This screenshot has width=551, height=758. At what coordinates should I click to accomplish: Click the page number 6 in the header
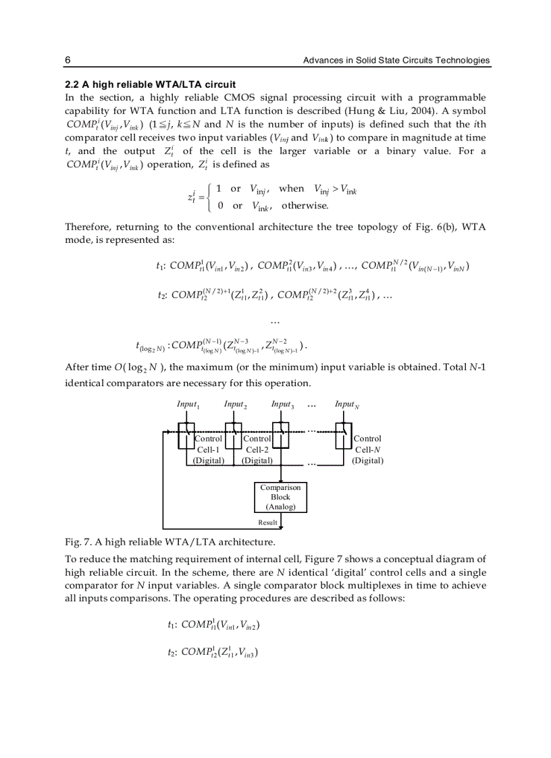tap(68, 61)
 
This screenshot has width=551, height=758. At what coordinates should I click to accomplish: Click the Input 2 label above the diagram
tap(235, 405)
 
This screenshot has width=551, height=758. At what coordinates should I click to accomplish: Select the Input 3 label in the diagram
tap(282, 405)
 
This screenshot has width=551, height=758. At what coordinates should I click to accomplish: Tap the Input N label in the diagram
tap(346, 405)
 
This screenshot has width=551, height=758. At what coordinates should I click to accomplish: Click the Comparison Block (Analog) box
tap(280, 497)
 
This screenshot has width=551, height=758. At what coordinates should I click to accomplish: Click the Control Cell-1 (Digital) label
tap(208, 450)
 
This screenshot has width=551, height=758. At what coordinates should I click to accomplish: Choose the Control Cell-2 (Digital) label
tap(257, 450)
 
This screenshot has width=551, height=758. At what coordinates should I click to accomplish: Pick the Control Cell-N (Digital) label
tap(367, 450)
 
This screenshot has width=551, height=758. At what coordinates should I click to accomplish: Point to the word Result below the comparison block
tap(267, 522)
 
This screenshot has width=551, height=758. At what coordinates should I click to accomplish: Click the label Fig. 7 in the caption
tap(76, 541)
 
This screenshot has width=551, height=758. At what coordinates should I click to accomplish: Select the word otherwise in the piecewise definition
tap(305, 206)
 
